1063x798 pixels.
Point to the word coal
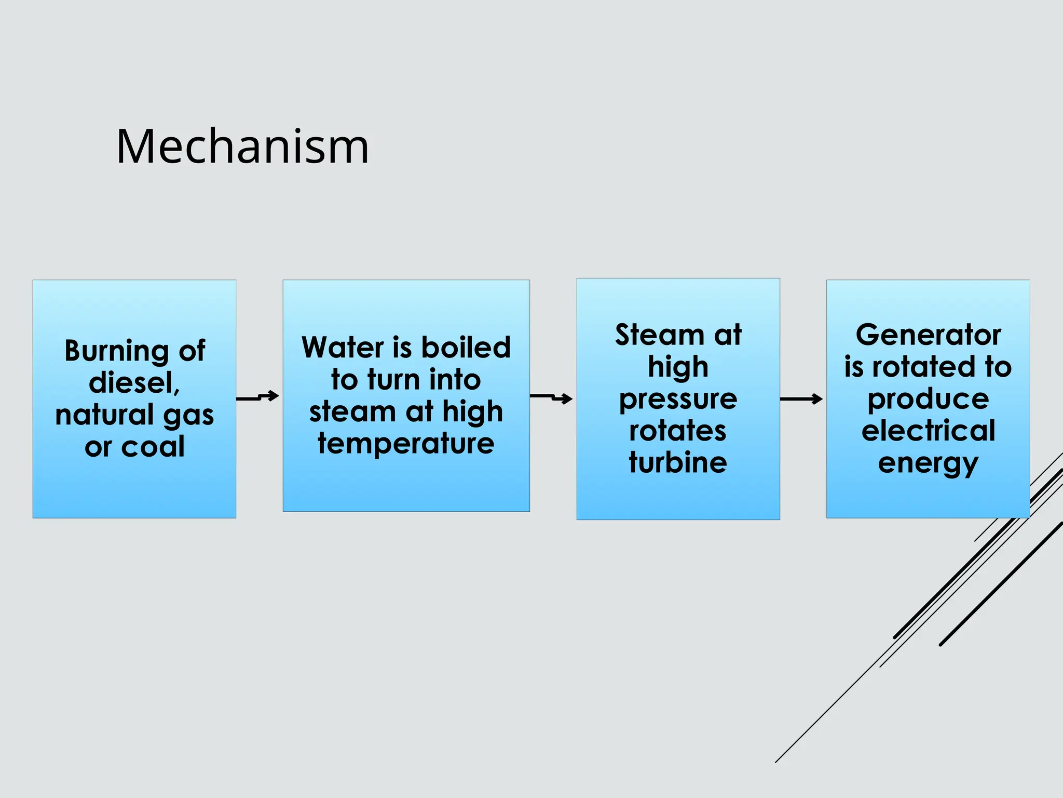tap(153, 447)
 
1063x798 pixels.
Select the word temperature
tap(406, 444)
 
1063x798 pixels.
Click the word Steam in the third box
tap(659, 335)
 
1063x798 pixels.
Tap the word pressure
tap(678, 399)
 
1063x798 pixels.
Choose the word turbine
tap(678, 462)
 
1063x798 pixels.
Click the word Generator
tap(928, 335)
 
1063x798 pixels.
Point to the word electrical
tap(928, 431)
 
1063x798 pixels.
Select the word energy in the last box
tap(928, 463)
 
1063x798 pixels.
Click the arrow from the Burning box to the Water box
tap(258, 397)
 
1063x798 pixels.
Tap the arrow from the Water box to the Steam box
tap(552, 397)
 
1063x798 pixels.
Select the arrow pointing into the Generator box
tap(801, 399)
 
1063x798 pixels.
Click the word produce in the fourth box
tap(928, 399)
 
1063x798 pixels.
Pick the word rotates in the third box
tap(678, 431)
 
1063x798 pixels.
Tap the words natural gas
tap(134, 415)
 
